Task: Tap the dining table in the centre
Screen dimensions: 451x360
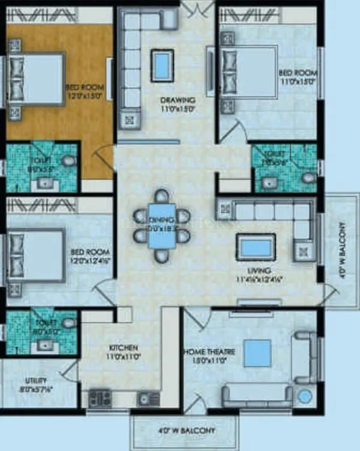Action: tap(160, 227)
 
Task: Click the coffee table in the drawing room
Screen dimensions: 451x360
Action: tap(160, 64)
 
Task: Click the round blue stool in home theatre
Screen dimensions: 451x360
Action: tap(305, 396)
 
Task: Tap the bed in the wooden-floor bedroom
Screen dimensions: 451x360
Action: tap(36, 80)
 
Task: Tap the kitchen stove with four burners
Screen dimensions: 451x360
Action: tap(100, 396)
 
